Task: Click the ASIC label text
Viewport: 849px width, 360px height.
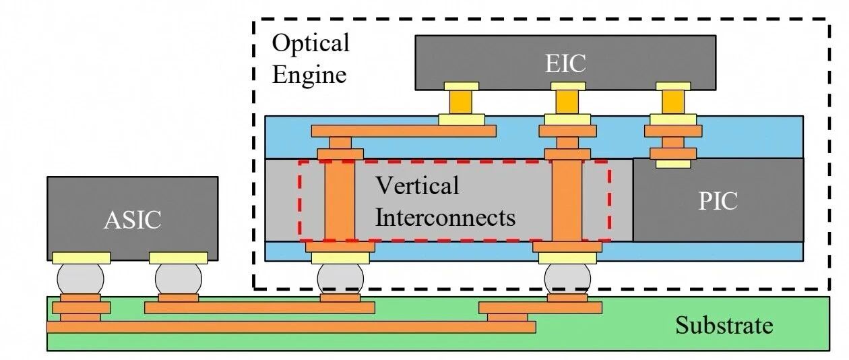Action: pyautogui.click(x=132, y=220)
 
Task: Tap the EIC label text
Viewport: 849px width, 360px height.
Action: pyautogui.click(x=565, y=63)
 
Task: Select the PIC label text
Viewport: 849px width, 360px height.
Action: pyautogui.click(x=718, y=201)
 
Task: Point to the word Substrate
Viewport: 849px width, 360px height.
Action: pyautogui.click(x=724, y=326)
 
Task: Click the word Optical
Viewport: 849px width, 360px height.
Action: pyautogui.click(x=311, y=42)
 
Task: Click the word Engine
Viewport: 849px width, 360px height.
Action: pyautogui.click(x=309, y=75)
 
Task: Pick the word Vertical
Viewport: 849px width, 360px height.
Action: pyautogui.click(x=417, y=185)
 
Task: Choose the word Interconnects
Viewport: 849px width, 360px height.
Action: pyautogui.click(x=445, y=218)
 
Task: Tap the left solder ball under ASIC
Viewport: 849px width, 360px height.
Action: pyautogui.click(x=80, y=279)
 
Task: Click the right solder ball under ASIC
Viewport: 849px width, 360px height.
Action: pyautogui.click(x=179, y=279)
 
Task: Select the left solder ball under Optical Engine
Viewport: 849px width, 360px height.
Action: pyautogui.click(x=340, y=279)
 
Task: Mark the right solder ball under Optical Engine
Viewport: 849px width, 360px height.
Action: pyautogui.click(x=567, y=279)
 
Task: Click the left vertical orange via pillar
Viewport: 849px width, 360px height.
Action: pyautogui.click(x=340, y=200)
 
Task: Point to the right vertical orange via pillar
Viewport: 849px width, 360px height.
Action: pyautogui.click(x=567, y=200)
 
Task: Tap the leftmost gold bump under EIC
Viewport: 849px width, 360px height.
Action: pyautogui.click(x=461, y=102)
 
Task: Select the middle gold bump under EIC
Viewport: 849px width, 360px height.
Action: pyautogui.click(x=567, y=102)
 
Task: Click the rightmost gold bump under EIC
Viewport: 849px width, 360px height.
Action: pyautogui.click(x=673, y=102)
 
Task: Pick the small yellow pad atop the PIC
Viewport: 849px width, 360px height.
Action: pyautogui.click(x=673, y=164)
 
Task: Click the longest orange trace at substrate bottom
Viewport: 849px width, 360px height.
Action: pyautogui.click(x=292, y=327)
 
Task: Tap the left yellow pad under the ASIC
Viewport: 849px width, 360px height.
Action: pyautogui.click(x=82, y=258)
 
